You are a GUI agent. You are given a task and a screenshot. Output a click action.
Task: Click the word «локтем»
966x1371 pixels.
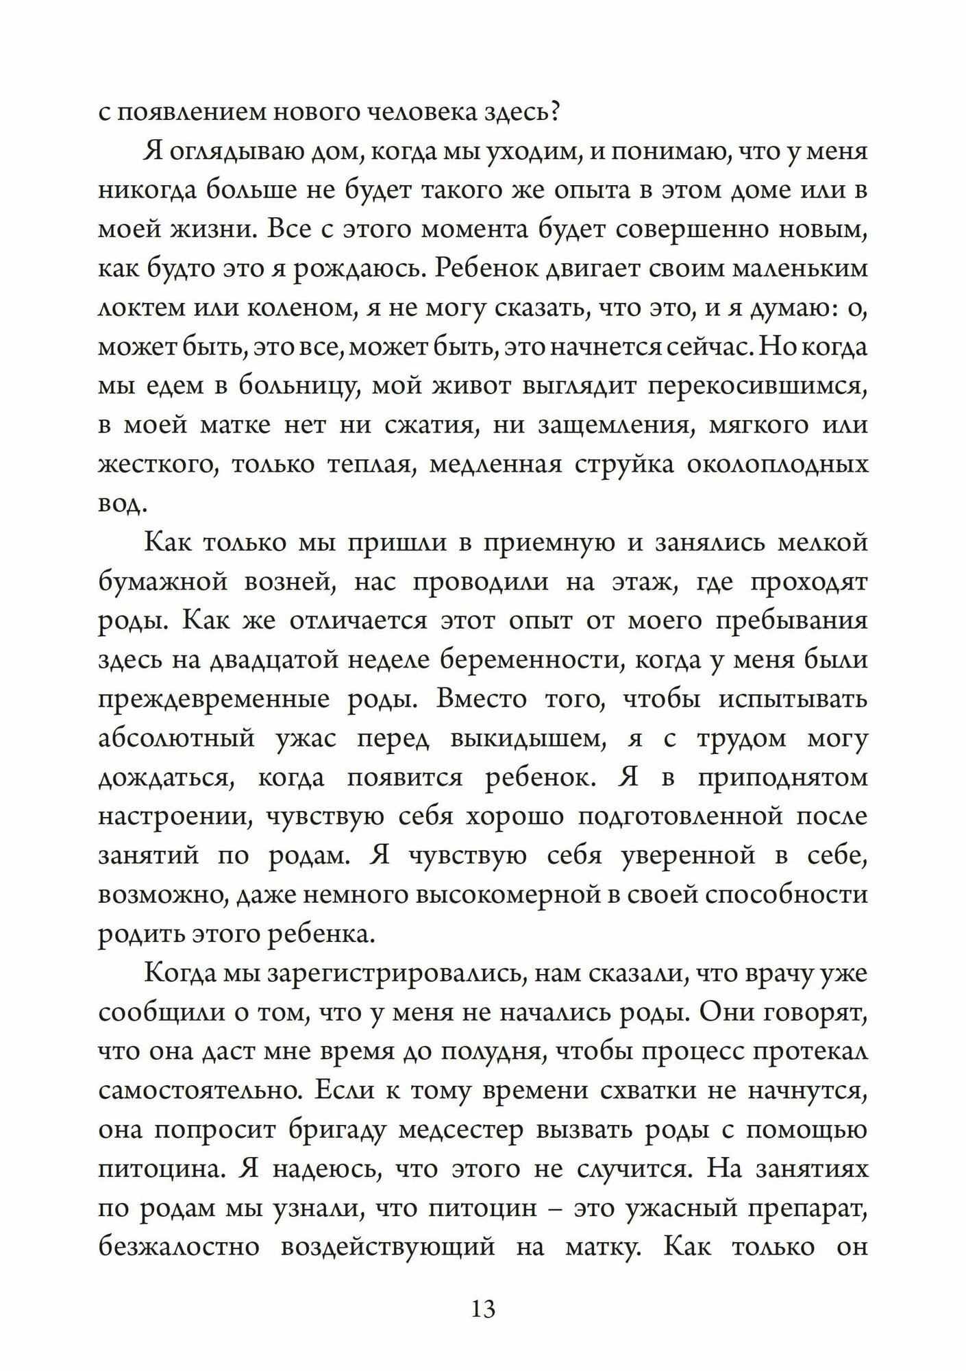(x=140, y=308)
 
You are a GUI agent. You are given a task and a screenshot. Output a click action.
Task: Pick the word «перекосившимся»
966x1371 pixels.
(x=758, y=386)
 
